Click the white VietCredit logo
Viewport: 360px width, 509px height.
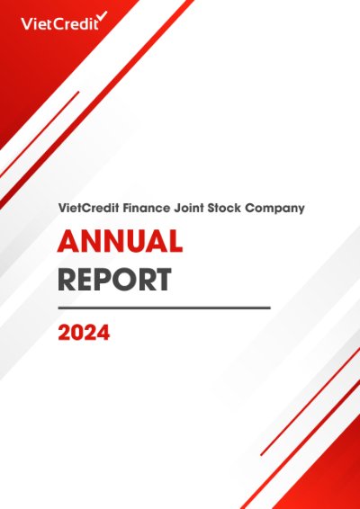coord(64,22)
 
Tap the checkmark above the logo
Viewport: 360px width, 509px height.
coord(103,16)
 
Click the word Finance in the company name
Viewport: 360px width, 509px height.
coord(146,208)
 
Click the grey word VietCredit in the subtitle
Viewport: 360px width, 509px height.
coord(89,208)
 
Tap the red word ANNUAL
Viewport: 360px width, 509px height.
coord(120,241)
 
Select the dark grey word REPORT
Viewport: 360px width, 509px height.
coord(114,279)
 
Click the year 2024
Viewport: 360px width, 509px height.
coord(84,333)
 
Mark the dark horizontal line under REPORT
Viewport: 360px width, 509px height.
coord(164,308)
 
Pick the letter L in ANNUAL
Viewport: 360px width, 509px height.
coord(174,241)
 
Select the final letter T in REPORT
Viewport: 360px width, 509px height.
coord(161,279)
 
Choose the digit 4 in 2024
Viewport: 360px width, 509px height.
coord(103,333)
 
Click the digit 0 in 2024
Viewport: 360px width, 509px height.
coord(77,333)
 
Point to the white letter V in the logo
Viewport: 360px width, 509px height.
coord(27,23)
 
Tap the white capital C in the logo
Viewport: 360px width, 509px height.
coord(60,23)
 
